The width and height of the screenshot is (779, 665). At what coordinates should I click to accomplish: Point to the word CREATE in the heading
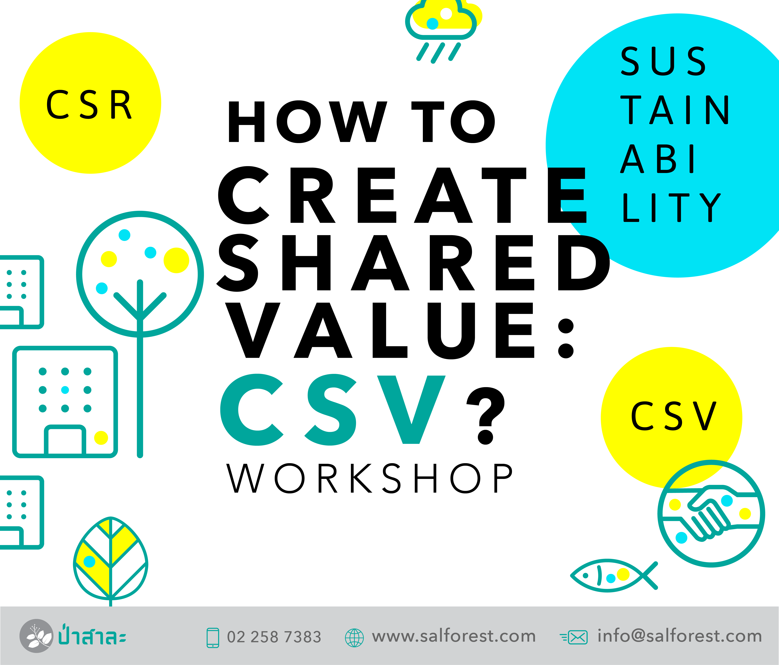(x=402, y=195)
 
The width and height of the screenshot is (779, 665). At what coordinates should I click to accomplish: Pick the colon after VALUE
(x=566, y=339)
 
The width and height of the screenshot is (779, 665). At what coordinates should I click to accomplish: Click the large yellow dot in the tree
(x=176, y=260)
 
